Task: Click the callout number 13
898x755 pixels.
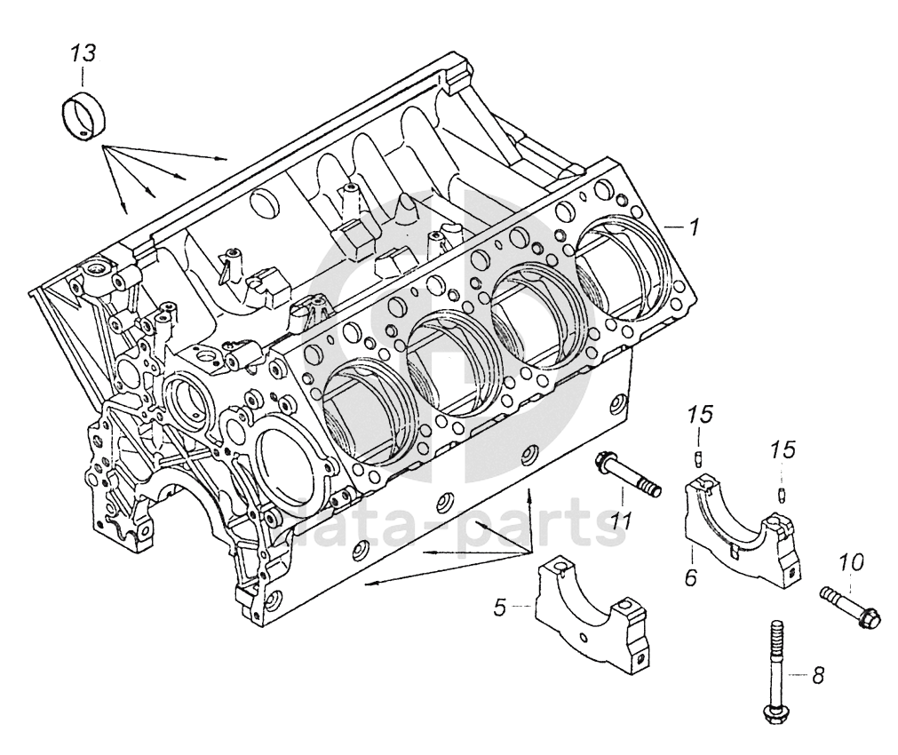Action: click(x=83, y=54)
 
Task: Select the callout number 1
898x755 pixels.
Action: click(x=694, y=228)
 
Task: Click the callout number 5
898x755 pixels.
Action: click(x=500, y=607)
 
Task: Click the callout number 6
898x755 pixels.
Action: click(x=692, y=576)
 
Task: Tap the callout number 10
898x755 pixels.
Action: click(x=852, y=563)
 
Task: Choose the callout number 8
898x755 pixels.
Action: click(x=818, y=676)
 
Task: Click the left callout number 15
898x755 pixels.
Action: click(x=701, y=414)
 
